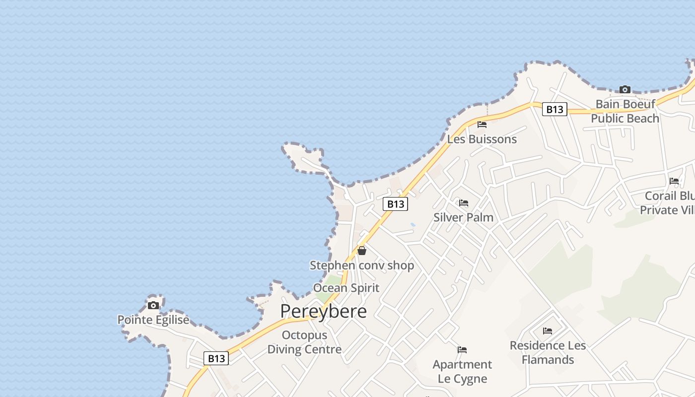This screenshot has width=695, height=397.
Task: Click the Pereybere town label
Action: (323, 311)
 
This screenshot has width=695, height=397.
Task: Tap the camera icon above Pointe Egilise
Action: (153, 305)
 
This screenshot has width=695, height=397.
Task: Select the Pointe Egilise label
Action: (153, 320)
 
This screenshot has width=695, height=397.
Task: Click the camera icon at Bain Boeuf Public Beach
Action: (625, 90)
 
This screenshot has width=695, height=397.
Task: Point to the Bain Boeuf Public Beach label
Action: (625, 111)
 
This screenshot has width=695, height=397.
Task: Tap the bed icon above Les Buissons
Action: (482, 125)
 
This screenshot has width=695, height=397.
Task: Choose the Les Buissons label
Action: (482, 139)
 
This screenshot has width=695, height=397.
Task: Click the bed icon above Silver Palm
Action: (464, 203)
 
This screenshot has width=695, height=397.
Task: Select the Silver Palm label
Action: (464, 217)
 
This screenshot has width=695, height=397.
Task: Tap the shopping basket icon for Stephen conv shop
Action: (362, 251)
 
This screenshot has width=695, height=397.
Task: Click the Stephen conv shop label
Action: (362, 265)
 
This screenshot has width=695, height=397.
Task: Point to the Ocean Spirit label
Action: (346, 288)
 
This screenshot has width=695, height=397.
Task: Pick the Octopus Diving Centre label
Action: (304, 342)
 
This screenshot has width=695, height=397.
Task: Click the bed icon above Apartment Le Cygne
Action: (462, 350)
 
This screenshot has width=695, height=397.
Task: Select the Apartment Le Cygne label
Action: (462, 371)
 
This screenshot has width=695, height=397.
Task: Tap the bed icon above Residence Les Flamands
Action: (548, 331)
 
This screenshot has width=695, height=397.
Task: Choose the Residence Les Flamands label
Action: (548, 352)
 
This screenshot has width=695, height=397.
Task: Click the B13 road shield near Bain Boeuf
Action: (555, 109)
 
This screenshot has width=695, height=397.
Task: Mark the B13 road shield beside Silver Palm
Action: (395, 204)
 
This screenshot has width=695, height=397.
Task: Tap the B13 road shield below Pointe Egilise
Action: (216, 358)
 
